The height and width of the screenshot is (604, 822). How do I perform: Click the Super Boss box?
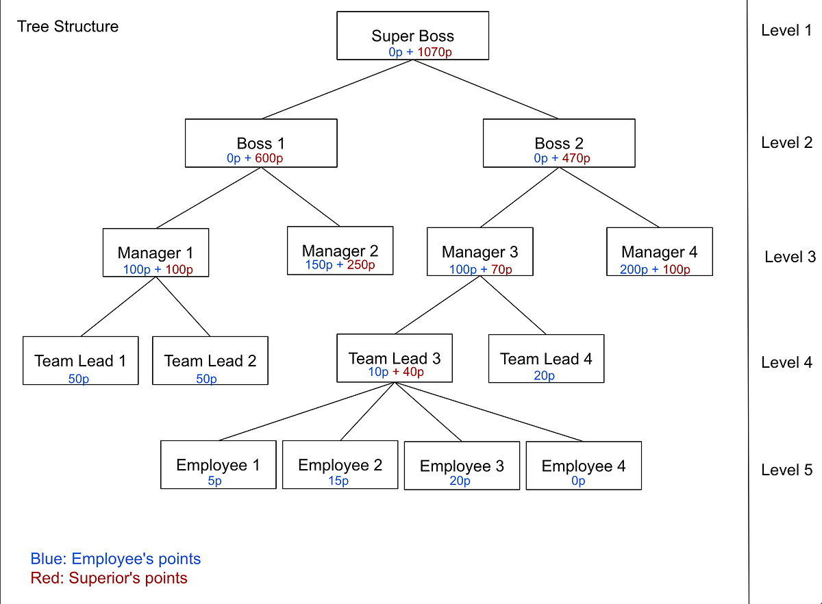[x=412, y=35]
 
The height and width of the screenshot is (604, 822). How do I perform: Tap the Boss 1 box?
[x=261, y=142]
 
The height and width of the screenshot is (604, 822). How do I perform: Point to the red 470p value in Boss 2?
[x=576, y=158]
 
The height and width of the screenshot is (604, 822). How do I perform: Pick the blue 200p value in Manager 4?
[x=634, y=269]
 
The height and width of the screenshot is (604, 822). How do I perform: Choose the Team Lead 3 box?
[x=394, y=357]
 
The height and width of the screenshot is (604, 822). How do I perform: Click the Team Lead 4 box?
[x=546, y=358]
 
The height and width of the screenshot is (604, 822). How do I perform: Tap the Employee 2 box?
[x=340, y=465]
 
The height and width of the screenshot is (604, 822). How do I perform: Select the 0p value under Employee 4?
[x=578, y=481]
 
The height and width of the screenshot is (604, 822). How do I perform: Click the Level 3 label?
[x=790, y=257]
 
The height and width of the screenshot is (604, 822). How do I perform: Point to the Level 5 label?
[x=786, y=470]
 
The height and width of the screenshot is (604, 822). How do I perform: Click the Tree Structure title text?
[x=68, y=27]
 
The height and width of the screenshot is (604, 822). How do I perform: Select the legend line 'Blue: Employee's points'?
[x=116, y=559]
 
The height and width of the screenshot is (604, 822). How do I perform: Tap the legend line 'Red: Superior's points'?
[x=109, y=578]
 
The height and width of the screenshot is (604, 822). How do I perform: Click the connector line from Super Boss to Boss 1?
[x=336, y=90]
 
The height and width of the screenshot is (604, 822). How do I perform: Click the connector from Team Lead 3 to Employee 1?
[x=305, y=412]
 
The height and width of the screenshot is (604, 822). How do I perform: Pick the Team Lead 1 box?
[x=80, y=360]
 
